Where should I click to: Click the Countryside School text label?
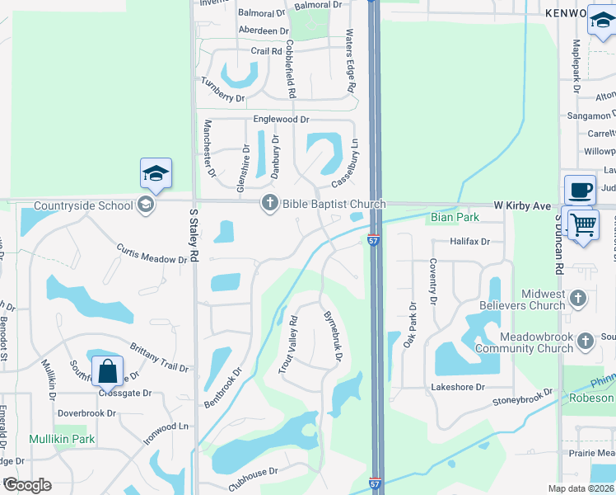click(83, 205)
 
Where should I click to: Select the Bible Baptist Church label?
click(334, 204)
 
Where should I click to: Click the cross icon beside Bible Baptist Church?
click(269, 204)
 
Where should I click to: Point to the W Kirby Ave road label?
click(521, 205)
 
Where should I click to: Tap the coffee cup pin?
click(580, 191)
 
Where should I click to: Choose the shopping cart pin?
click(583, 224)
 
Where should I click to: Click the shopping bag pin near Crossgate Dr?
click(108, 373)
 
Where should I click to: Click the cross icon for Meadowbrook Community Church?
click(586, 341)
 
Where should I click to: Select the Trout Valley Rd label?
click(287, 346)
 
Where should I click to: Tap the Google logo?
click(27, 484)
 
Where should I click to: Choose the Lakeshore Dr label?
click(458, 387)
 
